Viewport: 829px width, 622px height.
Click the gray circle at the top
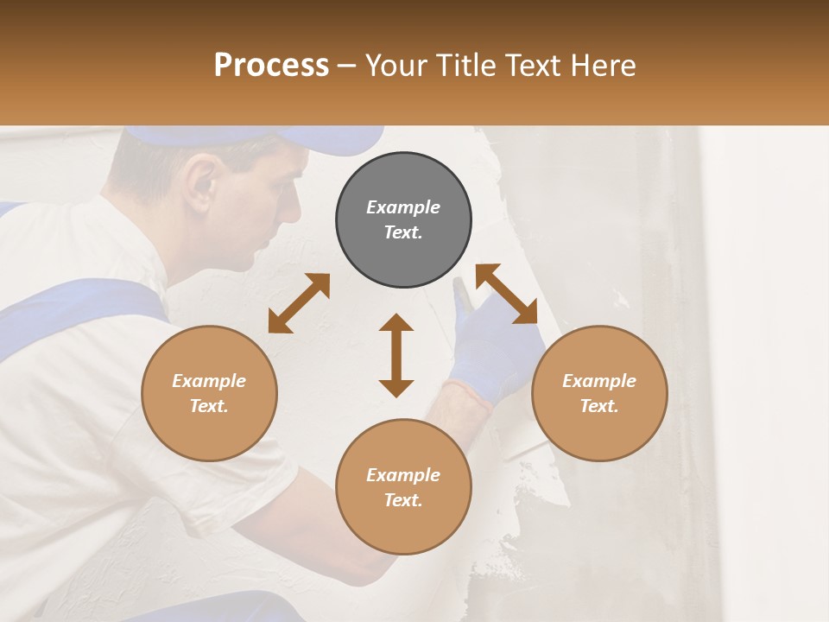(x=403, y=220)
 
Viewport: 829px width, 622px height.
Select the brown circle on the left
(x=209, y=393)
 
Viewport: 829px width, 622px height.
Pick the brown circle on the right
(x=598, y=393)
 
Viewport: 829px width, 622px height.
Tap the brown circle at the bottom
(x=403, y=487)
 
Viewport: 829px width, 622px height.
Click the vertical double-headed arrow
(x=396, y=356)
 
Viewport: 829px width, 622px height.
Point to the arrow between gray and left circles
(x=299, y=303)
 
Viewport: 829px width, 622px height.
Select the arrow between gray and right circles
(x=507, y=294)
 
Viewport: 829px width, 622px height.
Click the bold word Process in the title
(x=271, y=66)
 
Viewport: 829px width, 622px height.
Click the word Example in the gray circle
(x=403, y=207)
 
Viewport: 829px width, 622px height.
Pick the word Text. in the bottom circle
(x=403, y=500)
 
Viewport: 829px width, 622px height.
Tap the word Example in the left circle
(x=209, y=381)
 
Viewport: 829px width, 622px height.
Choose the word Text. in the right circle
(x=598, y=406)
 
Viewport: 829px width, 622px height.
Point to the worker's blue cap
(x=259, y=139)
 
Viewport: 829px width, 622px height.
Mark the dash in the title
(x=347, y=67)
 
